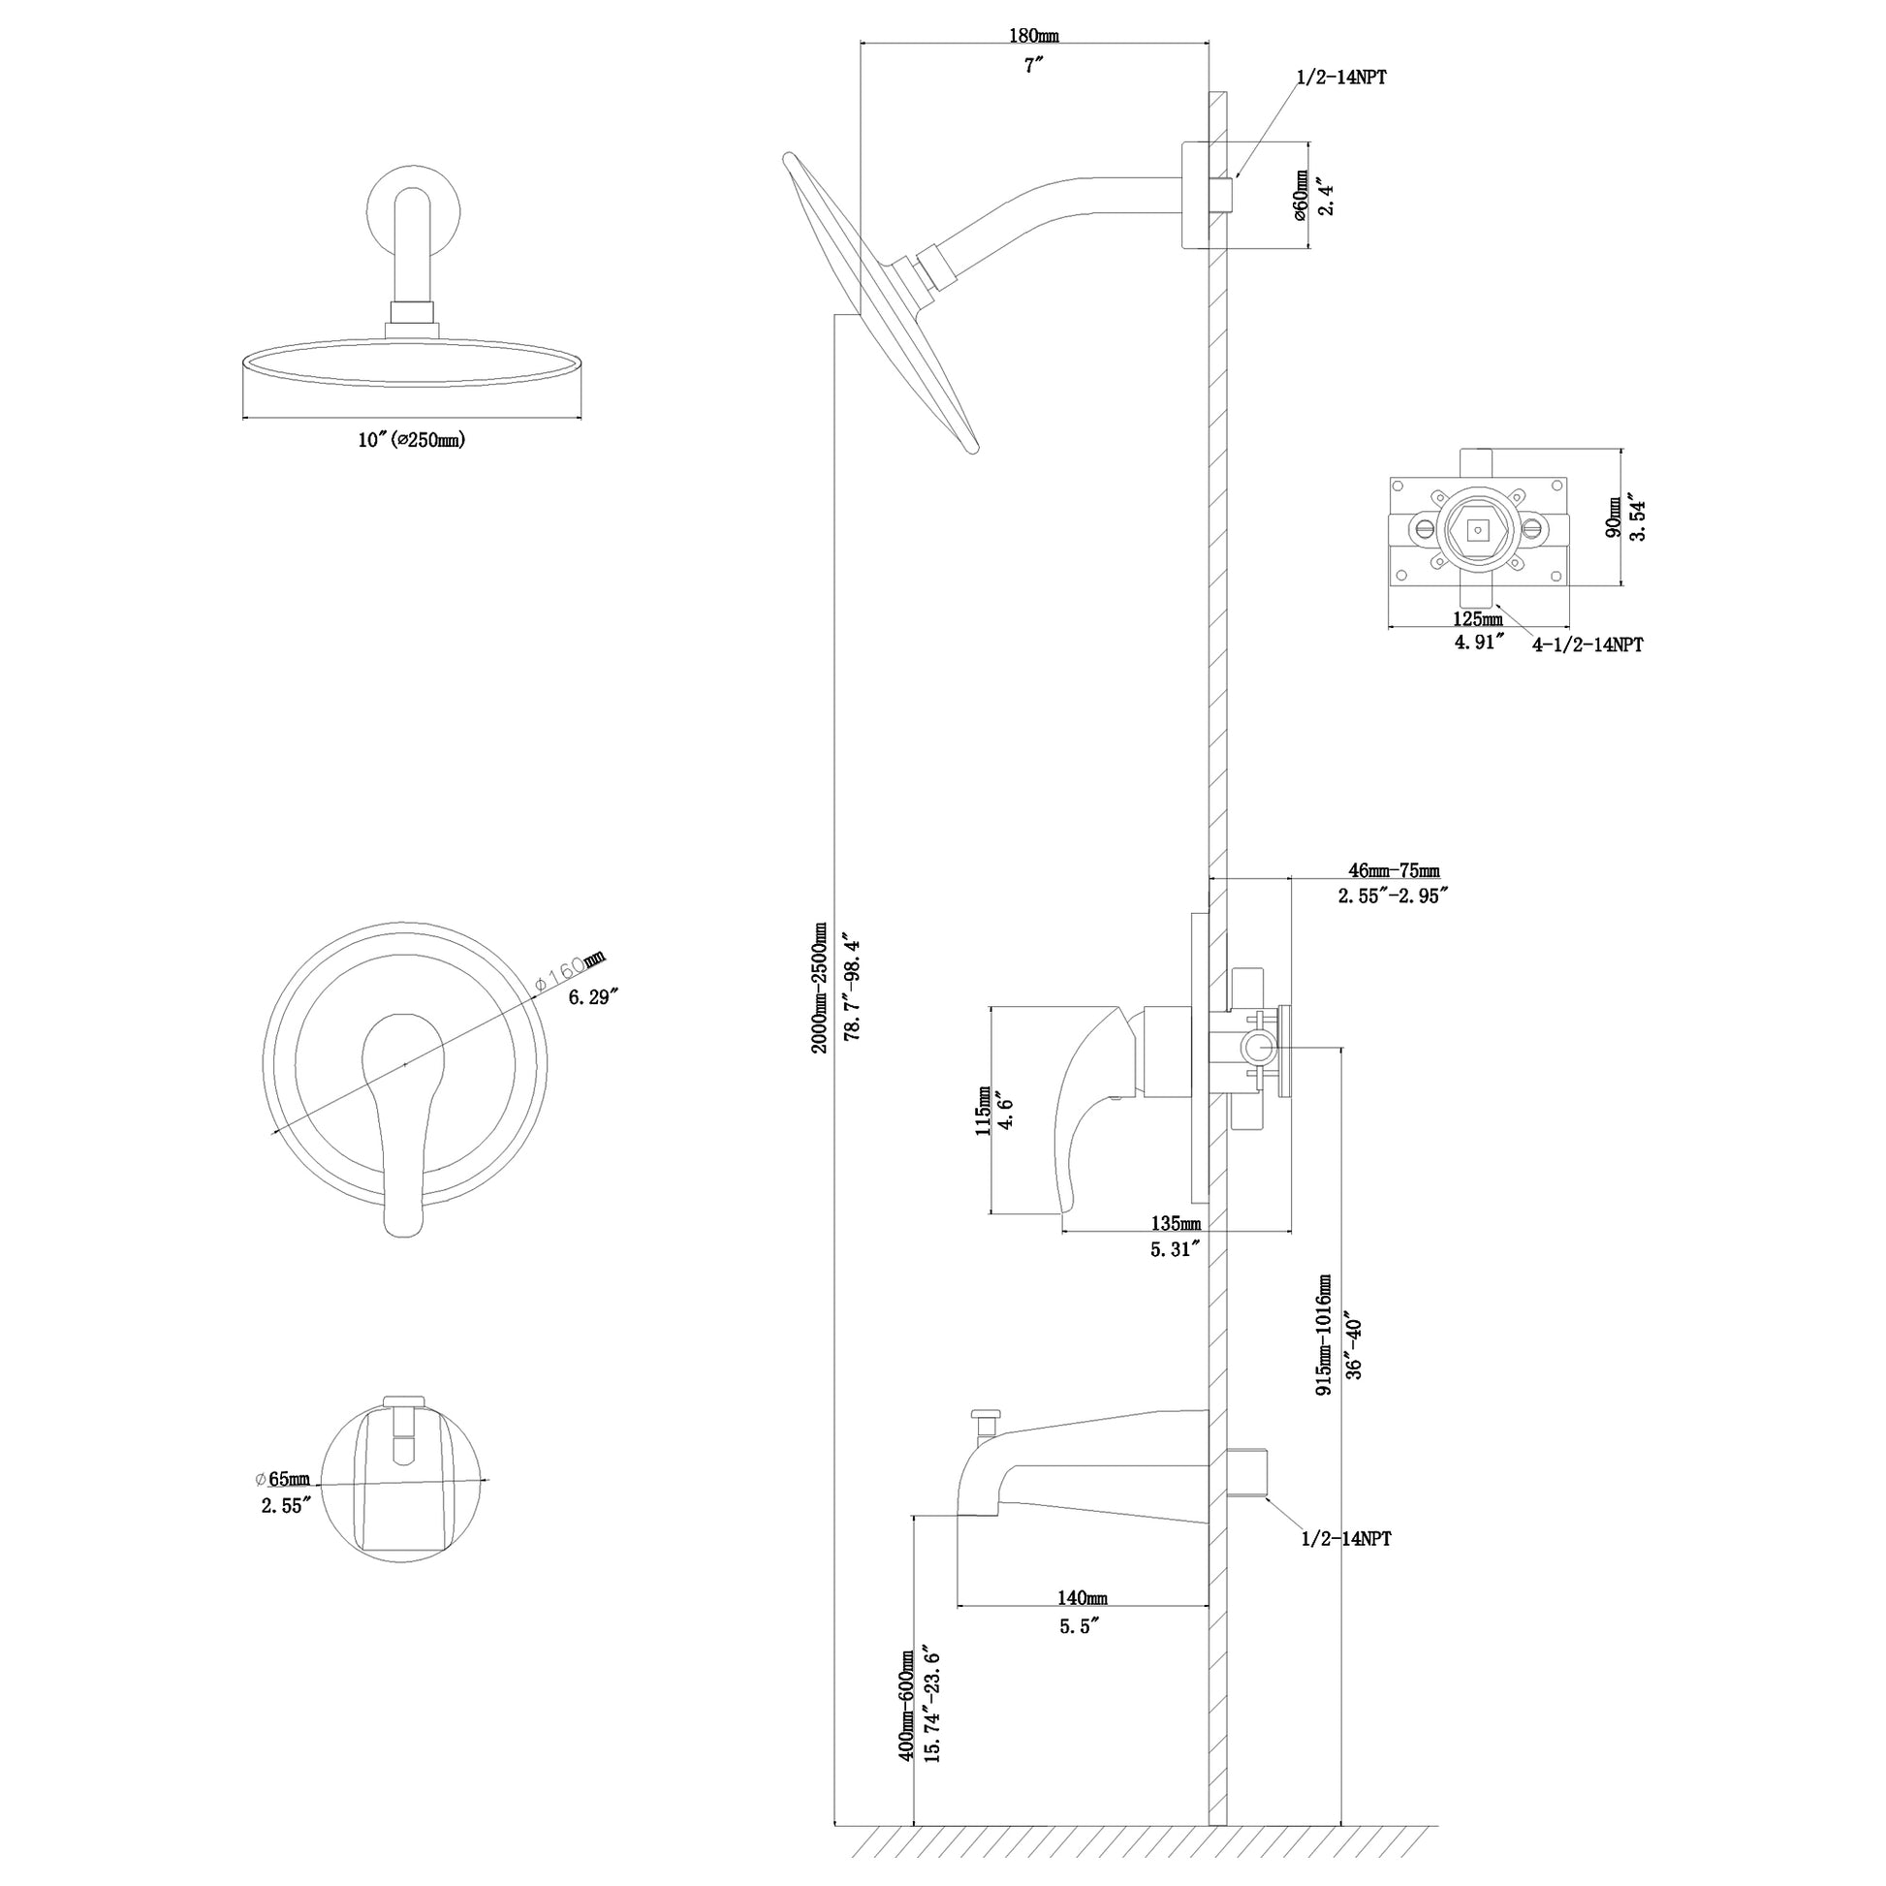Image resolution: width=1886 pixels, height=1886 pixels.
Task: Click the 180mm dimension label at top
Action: [1033, 36]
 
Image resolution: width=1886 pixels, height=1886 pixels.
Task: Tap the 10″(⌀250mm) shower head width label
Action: [411, 440]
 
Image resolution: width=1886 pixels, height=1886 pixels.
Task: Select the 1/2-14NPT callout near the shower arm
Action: [1341, 79]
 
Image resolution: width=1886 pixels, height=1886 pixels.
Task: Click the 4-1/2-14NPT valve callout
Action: [1587, 644]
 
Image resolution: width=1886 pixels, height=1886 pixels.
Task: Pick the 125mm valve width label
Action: [1478, 620]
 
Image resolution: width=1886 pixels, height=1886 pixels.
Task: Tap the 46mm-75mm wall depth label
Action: [1393, 870]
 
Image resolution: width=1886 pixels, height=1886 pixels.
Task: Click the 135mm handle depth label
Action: [1177, 1224]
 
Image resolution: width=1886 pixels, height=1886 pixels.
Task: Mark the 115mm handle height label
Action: [983, 1112]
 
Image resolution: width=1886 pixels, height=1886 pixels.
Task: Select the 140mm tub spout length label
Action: [1083, 1598]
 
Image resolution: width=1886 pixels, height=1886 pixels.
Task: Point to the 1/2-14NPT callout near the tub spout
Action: [1346, 1539]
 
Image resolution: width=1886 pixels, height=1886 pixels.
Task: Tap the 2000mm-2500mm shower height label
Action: [819, 988]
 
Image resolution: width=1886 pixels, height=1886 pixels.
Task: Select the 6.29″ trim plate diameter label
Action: [593, 996]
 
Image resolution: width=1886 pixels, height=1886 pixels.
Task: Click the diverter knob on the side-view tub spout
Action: [986, 1415]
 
